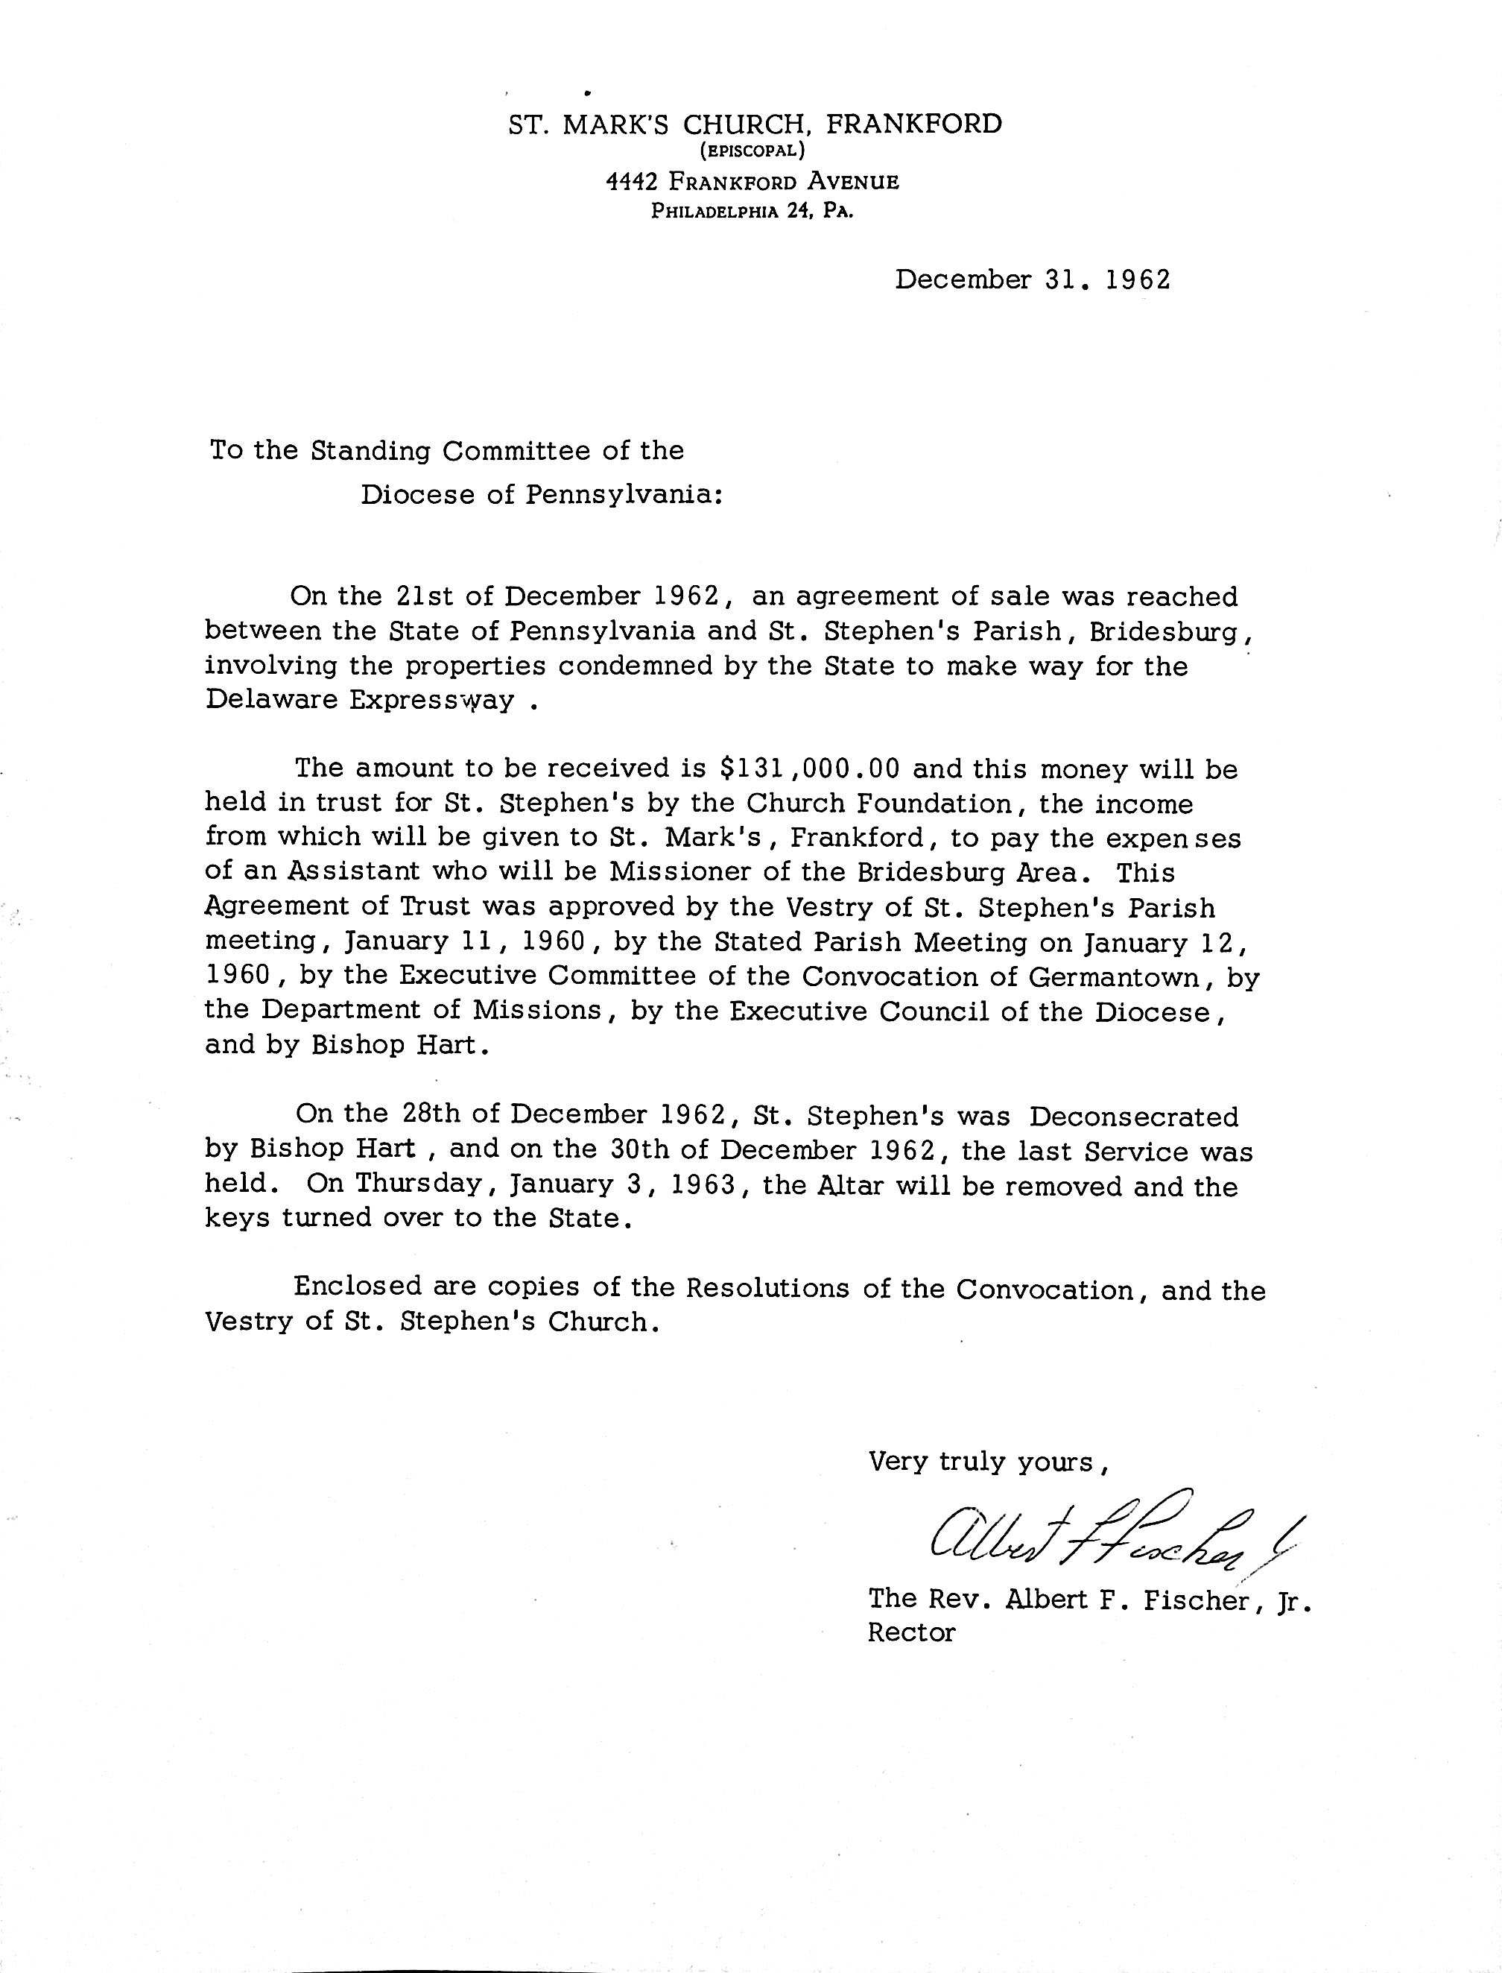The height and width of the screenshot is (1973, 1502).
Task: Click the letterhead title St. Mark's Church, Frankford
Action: pos(755,124)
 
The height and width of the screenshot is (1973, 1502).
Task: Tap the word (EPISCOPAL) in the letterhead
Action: pos(752,151)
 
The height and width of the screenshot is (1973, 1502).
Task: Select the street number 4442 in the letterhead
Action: pos(632,183)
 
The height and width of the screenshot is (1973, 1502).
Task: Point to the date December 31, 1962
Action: pos(1033,280)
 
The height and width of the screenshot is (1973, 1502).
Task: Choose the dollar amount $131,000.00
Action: pos(810,768)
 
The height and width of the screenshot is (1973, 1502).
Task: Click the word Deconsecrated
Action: pos(1134,1117)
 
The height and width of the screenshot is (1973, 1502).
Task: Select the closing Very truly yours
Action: pos(989,1462)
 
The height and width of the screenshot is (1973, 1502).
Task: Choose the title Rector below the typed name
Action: pos(911,1632)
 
